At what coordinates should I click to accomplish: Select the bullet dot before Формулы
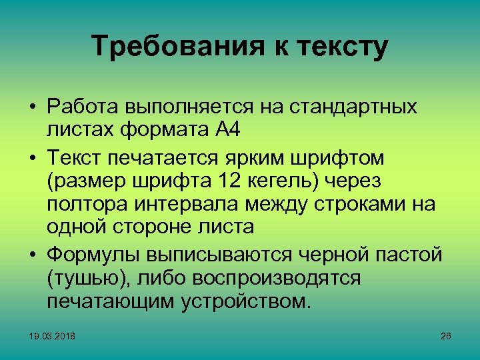click(32, 255)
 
